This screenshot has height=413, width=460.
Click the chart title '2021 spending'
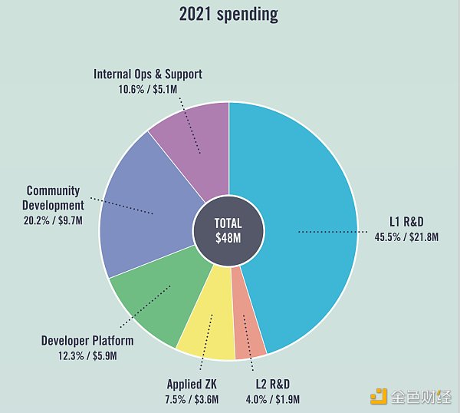[x=228, y=14]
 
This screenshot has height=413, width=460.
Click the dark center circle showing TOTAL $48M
[x=228, y=230]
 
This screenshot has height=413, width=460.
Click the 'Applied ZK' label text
[x=192, y=384]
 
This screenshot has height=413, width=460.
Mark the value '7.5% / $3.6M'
[x=192, y=398]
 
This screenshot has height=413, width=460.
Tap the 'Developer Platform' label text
[x=87, y=341]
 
